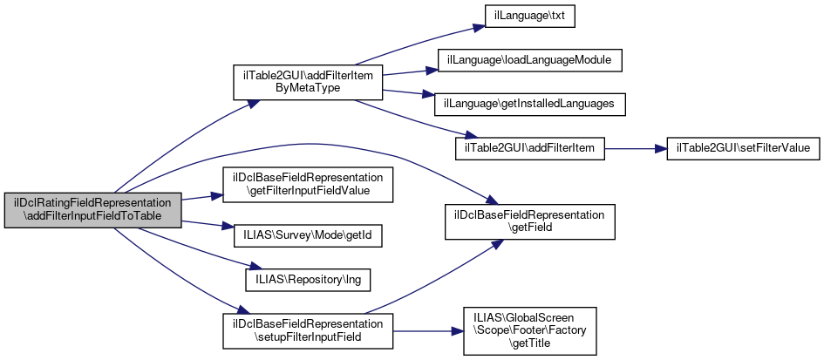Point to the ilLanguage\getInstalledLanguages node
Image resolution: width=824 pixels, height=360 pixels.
tap(529, 104)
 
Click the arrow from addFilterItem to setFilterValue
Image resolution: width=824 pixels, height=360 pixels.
tap(636, 148)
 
